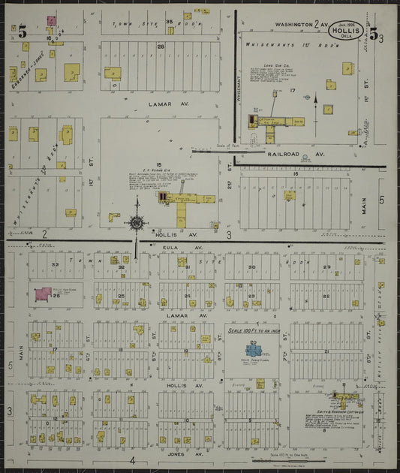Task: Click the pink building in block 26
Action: coord(44,294)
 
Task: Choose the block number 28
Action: coord(161,47)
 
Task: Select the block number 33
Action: coord(55,264)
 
